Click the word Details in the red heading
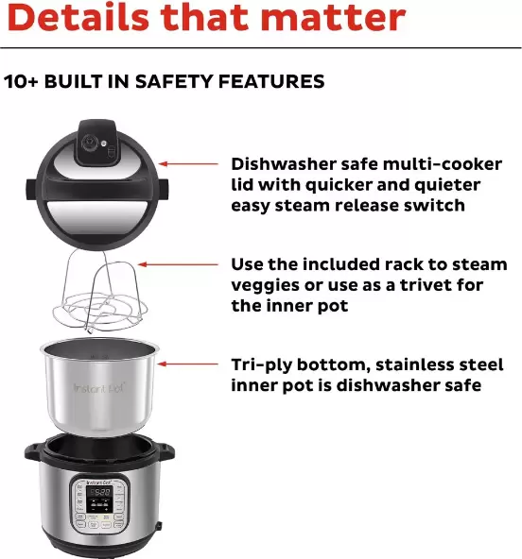(81, 18)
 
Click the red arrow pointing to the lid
(193, 163)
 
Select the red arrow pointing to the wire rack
(169, 265)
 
